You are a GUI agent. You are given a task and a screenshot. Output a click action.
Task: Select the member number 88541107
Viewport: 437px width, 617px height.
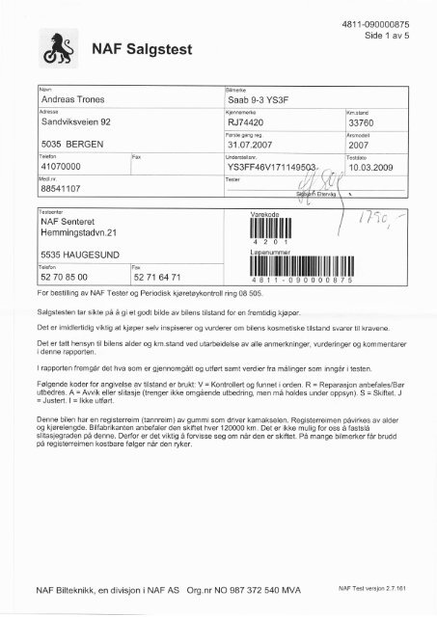coord(61,189)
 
